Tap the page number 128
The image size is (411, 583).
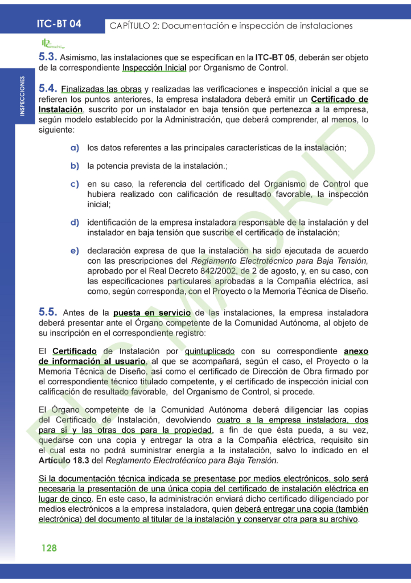tap(49, 548)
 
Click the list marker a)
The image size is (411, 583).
tap(75, 147)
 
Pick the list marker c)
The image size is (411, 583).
tap(75, 184)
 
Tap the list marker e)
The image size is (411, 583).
tap(75, 250)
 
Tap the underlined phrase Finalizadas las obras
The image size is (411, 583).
tap(101, 89)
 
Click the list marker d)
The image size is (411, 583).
tap(75, 222)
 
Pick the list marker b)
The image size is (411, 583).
tap(75, 166)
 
